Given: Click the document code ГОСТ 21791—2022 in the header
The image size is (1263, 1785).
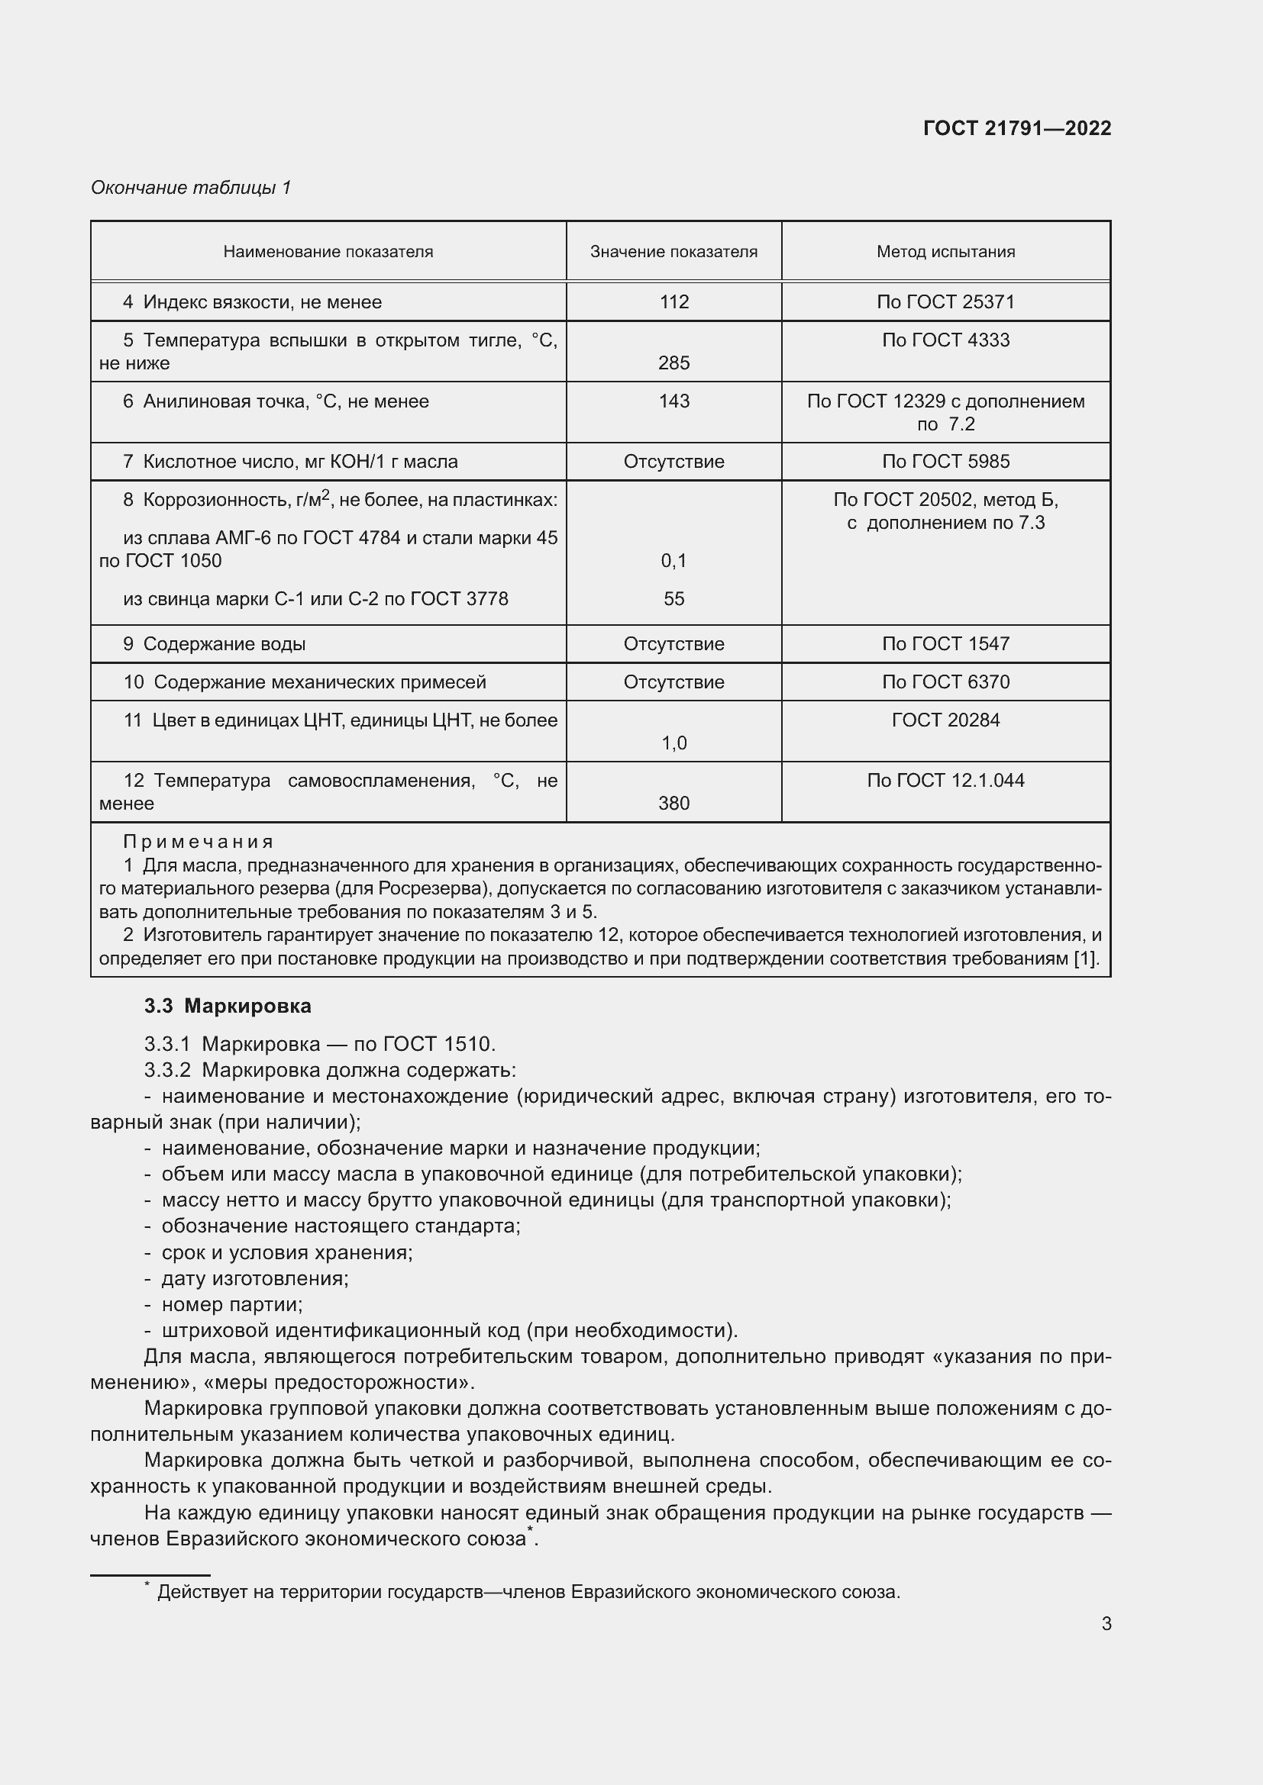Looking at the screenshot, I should [x=1016, y=128].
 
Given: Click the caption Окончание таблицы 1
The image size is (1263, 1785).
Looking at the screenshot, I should [x=191, y=188].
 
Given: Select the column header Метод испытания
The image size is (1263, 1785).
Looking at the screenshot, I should [x=945, y=251].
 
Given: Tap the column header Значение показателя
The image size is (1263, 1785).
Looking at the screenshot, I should [x=673, y=251].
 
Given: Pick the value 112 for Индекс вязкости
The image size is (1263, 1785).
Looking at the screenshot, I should [x=673, y=301].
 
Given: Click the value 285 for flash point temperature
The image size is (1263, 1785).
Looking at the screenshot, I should [x=673, y=363].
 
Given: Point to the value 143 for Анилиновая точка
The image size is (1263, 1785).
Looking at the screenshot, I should [x=673, y=401].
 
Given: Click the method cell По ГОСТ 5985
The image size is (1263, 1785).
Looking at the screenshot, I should [x=945, y=462].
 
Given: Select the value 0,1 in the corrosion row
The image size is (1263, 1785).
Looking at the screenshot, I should [x=673, y=561].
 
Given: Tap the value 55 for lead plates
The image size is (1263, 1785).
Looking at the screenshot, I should [x=673, y=598].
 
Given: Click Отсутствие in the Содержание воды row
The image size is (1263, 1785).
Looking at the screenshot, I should [x=673, y=644].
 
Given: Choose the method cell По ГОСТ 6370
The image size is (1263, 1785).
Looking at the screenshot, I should [x=945, y=681].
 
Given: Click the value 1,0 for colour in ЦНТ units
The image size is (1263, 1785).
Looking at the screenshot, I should [x=673, y=743].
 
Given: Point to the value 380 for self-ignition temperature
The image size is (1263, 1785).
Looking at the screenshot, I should [x=673, y=803].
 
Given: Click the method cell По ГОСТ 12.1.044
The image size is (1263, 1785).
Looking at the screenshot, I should [x=945, y=781].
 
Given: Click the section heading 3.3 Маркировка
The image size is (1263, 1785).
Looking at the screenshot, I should [x=227, y=1006].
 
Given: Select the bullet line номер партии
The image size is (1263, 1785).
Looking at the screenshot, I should [x=231, y=1304].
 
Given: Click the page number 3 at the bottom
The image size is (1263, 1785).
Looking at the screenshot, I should [x=1106, y=1623].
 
